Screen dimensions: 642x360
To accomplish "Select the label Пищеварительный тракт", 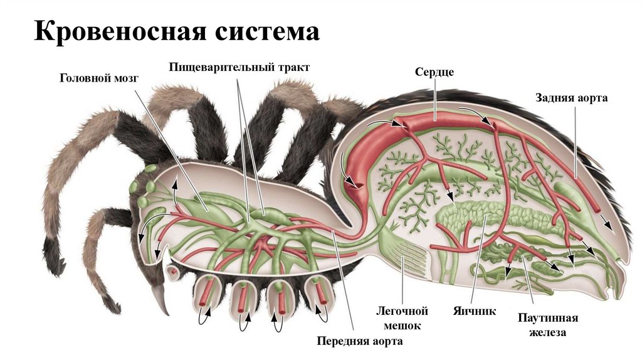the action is pos(239,66).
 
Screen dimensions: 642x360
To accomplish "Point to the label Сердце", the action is pos(434,72).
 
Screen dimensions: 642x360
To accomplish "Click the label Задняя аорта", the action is pos(571,98).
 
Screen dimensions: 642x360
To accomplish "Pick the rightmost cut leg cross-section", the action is pos(317,294).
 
